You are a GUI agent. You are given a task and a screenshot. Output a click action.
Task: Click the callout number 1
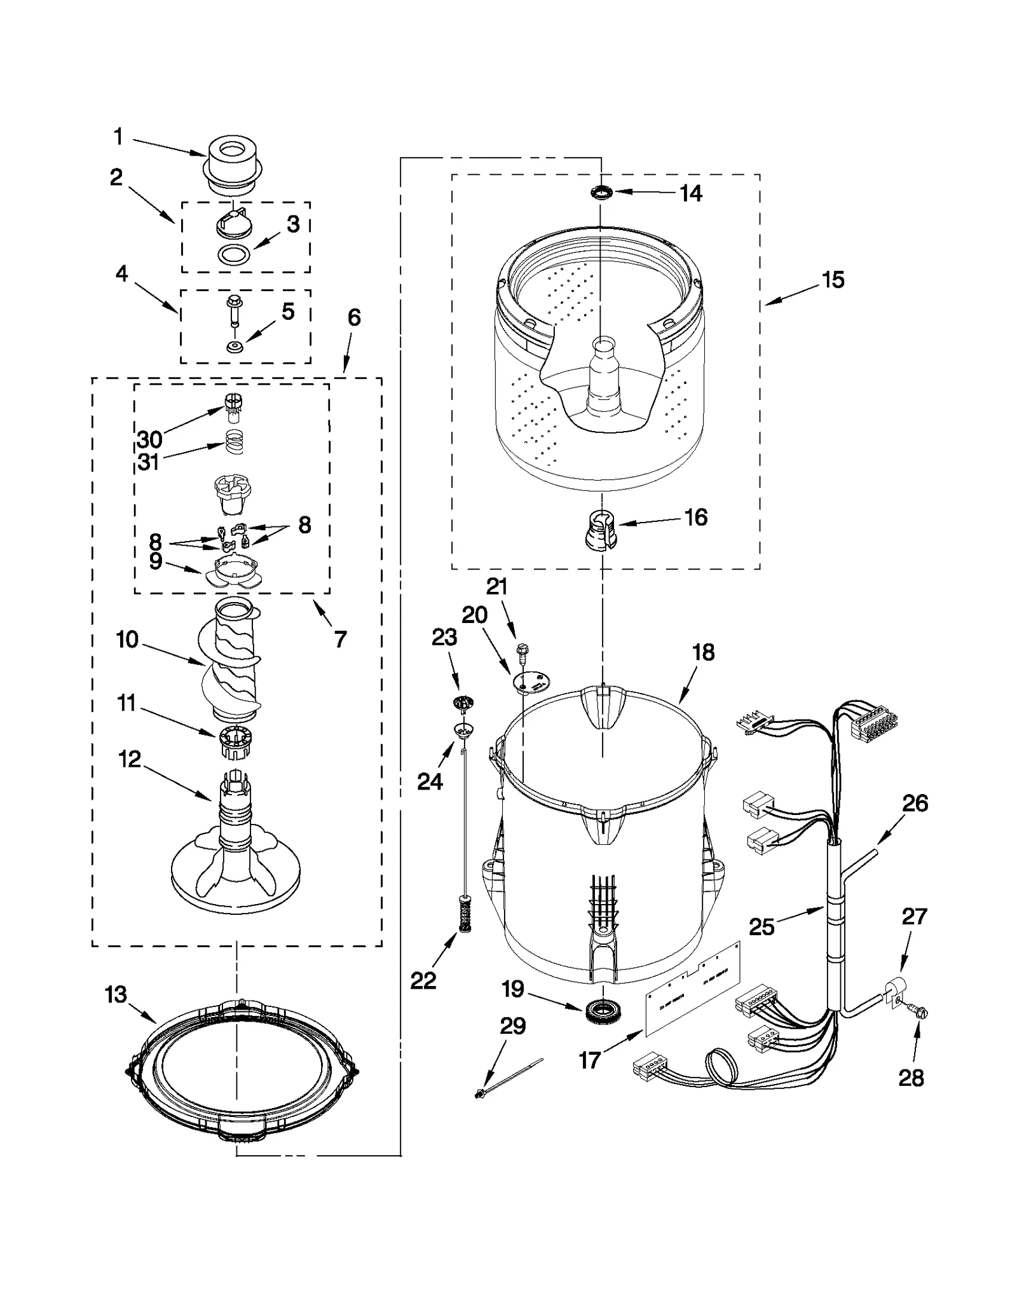click(118, 136)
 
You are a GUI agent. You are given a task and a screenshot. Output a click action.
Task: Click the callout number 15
click(833, 280)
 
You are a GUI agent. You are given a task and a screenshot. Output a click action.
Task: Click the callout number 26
click(915, 803)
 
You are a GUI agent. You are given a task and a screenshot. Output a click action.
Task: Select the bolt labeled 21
click(523, 650)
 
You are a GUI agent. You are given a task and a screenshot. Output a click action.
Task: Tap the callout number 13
click(116, 995)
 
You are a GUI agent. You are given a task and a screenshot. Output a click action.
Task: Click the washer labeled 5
click(235, 347)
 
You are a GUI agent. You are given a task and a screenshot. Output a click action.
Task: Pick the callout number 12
click(129, 758)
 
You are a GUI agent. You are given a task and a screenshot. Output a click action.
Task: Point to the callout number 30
click(149, 439)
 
